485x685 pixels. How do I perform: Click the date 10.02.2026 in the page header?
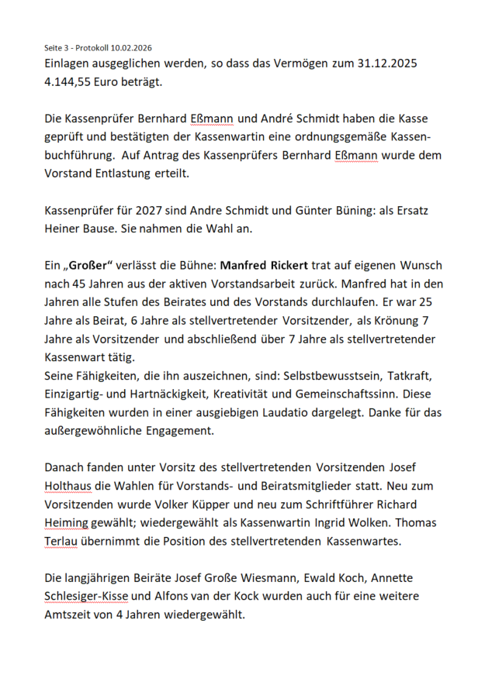pos(130,48)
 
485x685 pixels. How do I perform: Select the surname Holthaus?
pos(74,485)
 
